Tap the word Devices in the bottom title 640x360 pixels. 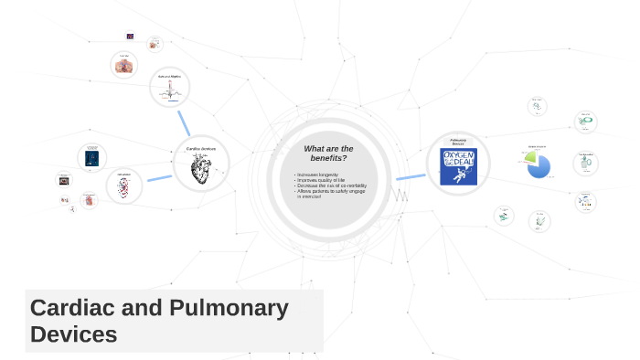74,334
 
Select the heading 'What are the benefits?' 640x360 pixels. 328,153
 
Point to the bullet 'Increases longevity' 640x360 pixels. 318,175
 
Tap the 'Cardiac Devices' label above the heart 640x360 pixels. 201,148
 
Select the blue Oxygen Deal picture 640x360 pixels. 458,168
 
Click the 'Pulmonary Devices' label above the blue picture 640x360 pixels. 458,142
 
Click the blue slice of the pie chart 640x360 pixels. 540,167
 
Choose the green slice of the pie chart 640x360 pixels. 528,159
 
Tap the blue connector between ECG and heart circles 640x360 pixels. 184,122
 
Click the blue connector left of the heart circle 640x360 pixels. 159,177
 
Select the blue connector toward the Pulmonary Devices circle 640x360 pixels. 411,176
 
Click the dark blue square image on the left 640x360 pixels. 91,157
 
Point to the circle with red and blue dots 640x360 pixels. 123,186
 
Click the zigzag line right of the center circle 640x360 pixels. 400,195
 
